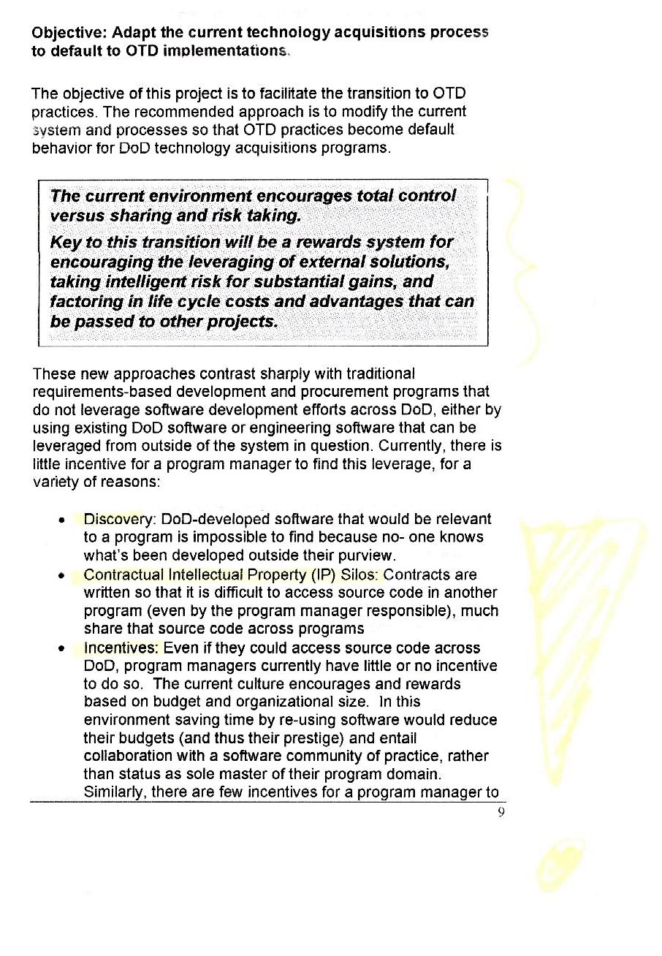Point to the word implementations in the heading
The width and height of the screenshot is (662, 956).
click(x=224, y=52)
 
